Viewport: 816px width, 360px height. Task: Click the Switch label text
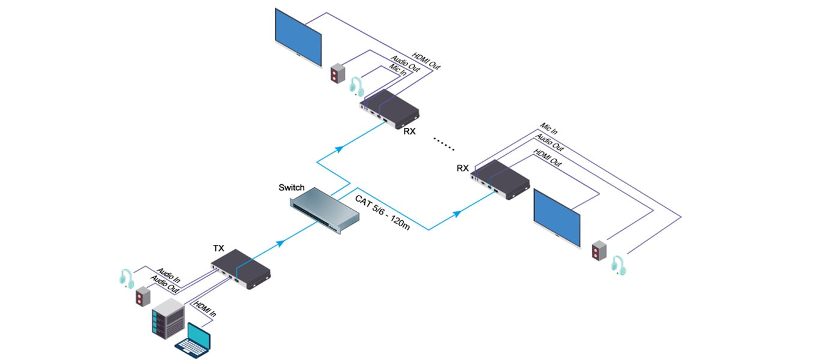[292, 188]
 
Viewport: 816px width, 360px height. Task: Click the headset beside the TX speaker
[126, 278]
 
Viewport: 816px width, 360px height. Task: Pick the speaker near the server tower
[142, 296]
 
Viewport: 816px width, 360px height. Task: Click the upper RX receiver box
[390, 109]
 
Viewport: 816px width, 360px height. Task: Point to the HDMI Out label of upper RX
[427, 59]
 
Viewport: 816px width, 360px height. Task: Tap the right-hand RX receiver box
[502, 178]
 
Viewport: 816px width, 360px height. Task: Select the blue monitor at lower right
[557, 218]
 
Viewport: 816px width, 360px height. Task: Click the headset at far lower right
[619, 265]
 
